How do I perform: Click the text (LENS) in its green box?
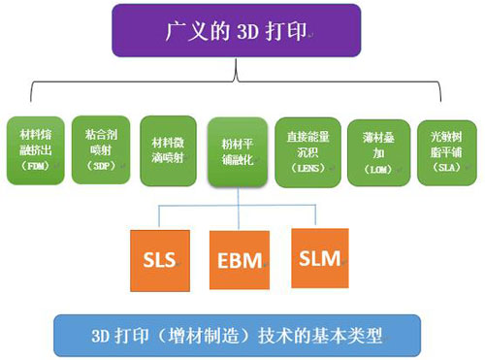point(306,168)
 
